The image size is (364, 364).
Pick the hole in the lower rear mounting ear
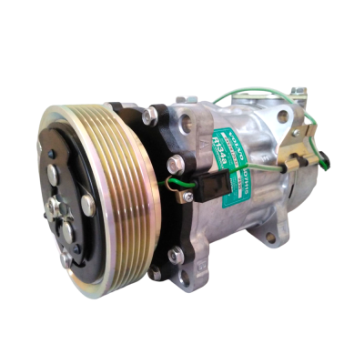coord(270,238)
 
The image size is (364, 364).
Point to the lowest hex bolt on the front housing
coord(156,272)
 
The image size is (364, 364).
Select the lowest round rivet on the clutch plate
coord(66,258)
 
